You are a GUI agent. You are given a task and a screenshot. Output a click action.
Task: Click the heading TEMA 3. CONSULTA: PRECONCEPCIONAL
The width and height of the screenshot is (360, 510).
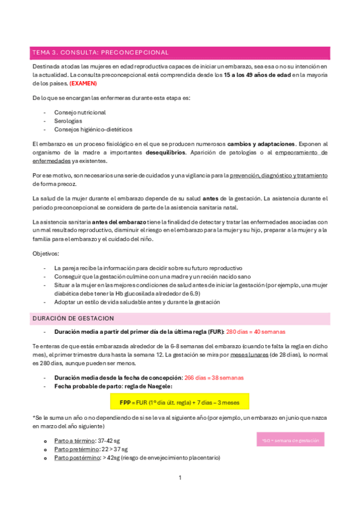(100, 53)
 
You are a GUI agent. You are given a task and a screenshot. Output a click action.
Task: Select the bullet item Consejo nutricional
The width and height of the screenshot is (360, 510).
(80, 112)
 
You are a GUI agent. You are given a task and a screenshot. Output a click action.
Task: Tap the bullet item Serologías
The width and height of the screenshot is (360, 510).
(69, 121)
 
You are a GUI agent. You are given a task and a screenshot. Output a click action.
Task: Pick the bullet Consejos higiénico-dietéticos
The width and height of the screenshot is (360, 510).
(93, 129)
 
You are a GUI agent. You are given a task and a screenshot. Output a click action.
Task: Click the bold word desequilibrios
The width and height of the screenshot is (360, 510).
(165, 153)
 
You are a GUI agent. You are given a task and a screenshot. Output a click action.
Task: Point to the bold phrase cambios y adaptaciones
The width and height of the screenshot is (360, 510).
(261, 144)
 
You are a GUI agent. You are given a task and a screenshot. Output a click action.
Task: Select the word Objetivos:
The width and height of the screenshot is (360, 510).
(46, 254)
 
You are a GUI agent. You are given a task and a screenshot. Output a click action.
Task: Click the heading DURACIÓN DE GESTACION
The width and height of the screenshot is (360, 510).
(73, 318)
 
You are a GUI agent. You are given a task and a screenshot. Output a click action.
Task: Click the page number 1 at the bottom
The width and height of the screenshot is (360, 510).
(180, 478)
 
